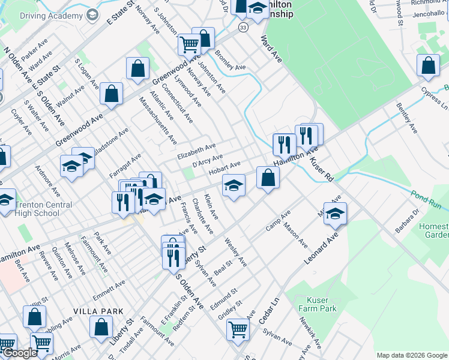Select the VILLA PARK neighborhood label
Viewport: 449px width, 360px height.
coord(98,311)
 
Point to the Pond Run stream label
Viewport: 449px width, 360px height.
coord(426,200)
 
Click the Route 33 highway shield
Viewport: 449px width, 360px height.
coord(242,28)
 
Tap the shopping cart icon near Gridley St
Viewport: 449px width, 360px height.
coord(238,329)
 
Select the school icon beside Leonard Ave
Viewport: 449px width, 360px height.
coord(336,213)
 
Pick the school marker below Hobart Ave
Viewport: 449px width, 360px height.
coord(234,185)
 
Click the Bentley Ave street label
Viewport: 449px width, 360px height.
coord(406,117)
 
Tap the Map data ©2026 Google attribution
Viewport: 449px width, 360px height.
coord(411,355)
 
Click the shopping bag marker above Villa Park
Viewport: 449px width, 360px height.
coord(35,317)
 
